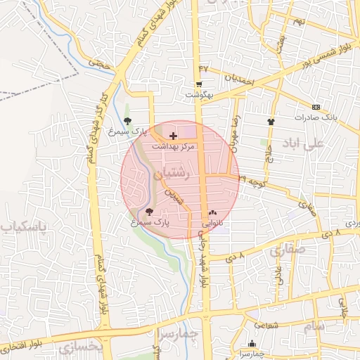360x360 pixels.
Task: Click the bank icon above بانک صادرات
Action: click(316, 107)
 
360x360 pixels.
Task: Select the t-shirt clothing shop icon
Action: click(271, 122)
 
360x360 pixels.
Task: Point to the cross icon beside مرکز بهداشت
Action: click(174, 134)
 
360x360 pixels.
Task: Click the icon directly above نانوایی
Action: click(212, 212)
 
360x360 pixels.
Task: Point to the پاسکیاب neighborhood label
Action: click(24, 227)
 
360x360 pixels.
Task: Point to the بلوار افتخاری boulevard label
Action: click(25, 346)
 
